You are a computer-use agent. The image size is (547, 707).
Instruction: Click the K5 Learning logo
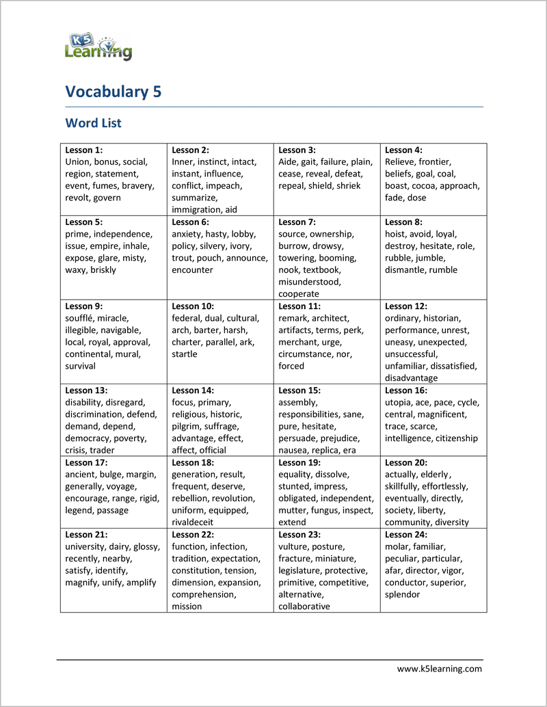pyautogui.click(x=98, y=46)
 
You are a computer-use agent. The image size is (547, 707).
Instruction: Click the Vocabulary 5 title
pyautogui.click(x=114, y=92)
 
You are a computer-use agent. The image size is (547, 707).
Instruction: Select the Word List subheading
pyautogui.click(x=93, y=123)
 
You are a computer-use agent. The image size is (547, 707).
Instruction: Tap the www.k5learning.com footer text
pyautogui.click(x=440, y=669)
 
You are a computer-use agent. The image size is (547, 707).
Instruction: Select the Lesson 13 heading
pyautogui.click(x=86, y=390)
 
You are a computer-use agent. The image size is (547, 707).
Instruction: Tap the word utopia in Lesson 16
pyautogui.click(x=399, y=403)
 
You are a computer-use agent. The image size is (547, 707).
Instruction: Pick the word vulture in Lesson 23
pyautogui.click(x=293, y=547)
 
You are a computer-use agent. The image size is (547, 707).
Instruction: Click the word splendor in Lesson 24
pyautogui.click(x=402, y=595)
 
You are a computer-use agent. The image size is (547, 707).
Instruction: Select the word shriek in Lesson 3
pyautogui.click(x=348, y=186)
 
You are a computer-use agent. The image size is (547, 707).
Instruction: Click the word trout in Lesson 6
pyautogui.click(x=183, y=258)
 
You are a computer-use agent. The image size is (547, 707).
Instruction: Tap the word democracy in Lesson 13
pyautogui.click(x=86, y=438)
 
